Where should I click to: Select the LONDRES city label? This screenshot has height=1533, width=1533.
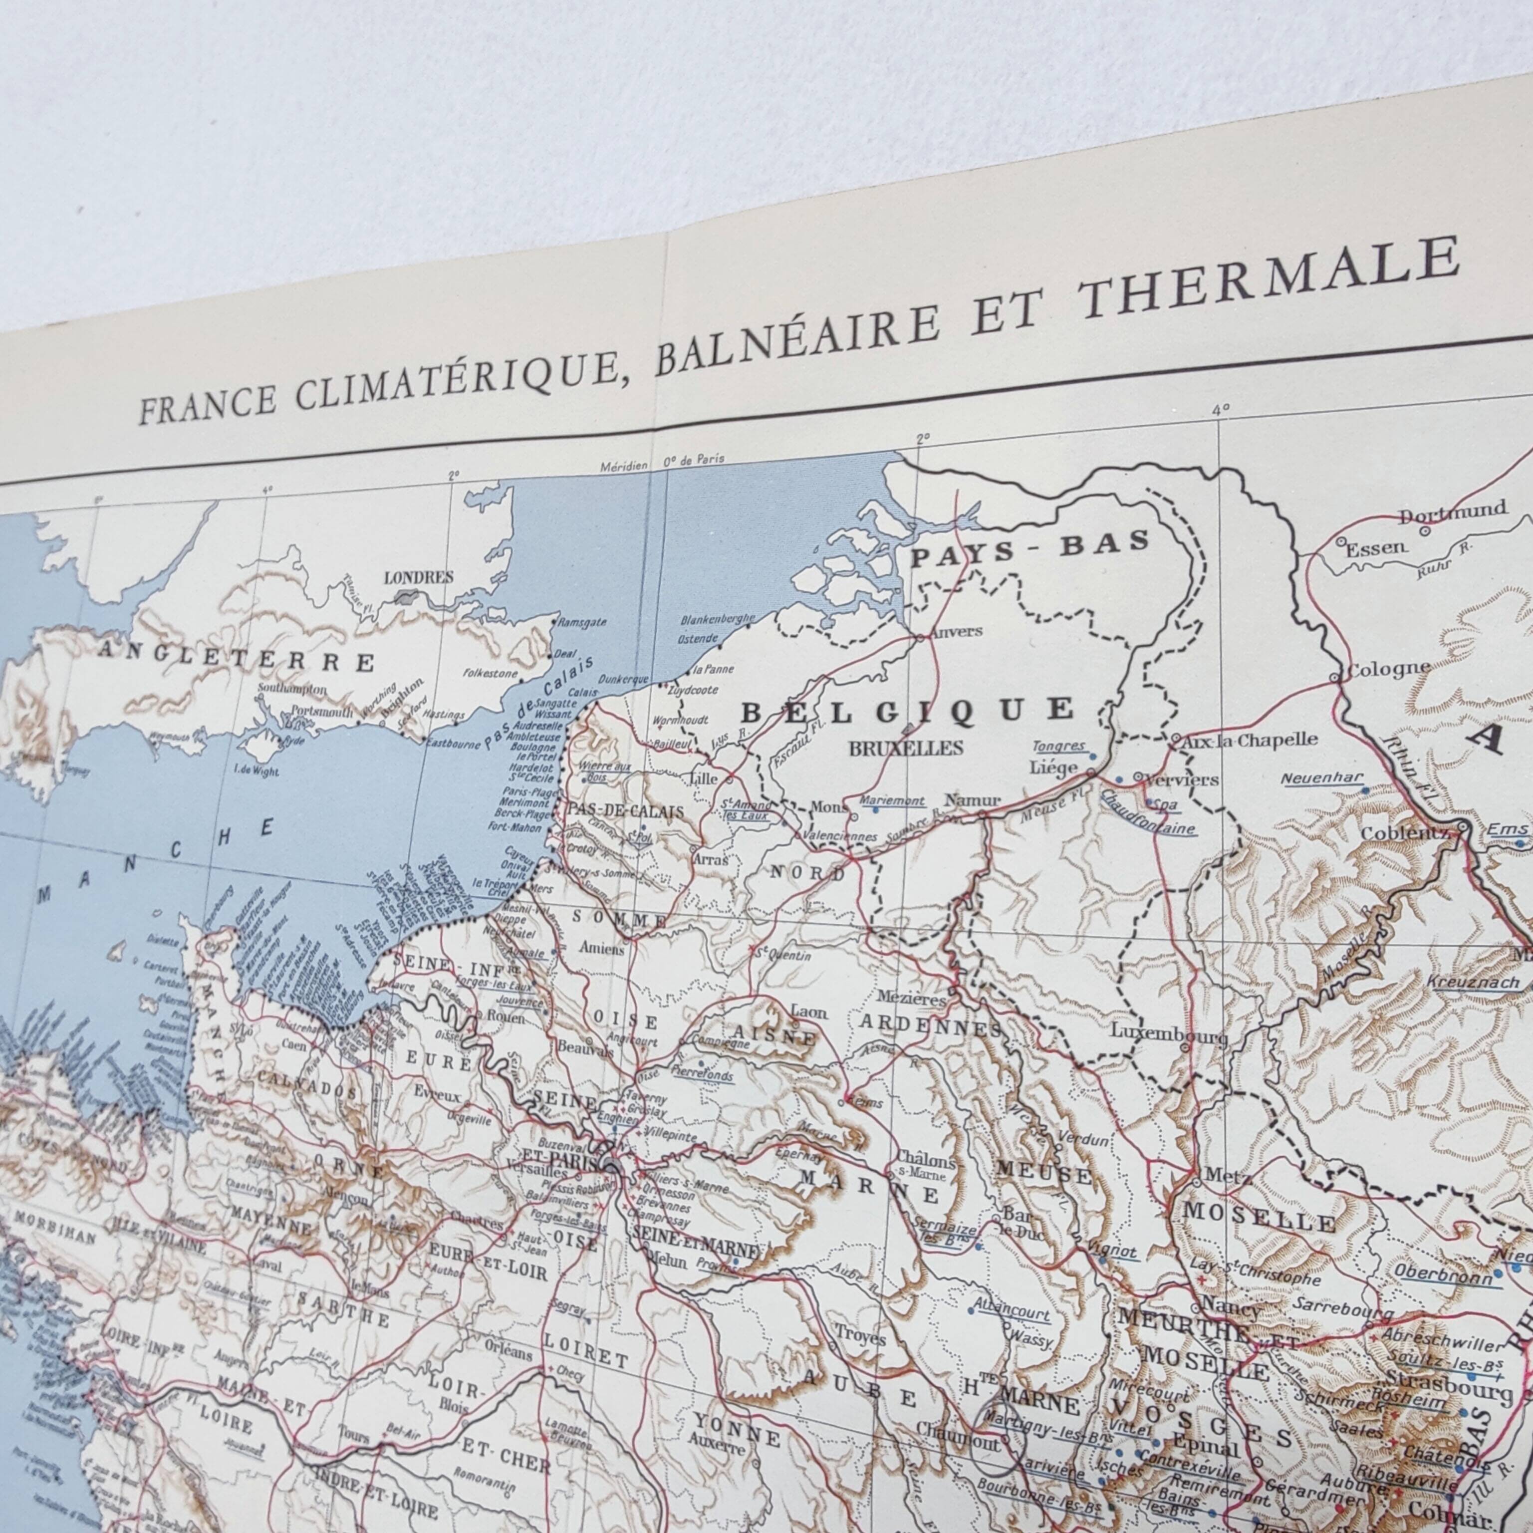click(418, 578)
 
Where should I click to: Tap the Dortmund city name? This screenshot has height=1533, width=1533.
click(1452, 512)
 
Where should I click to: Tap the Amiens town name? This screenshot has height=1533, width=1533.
click(601, 948)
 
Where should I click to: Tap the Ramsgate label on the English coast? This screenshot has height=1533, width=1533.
click(580, 623)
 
